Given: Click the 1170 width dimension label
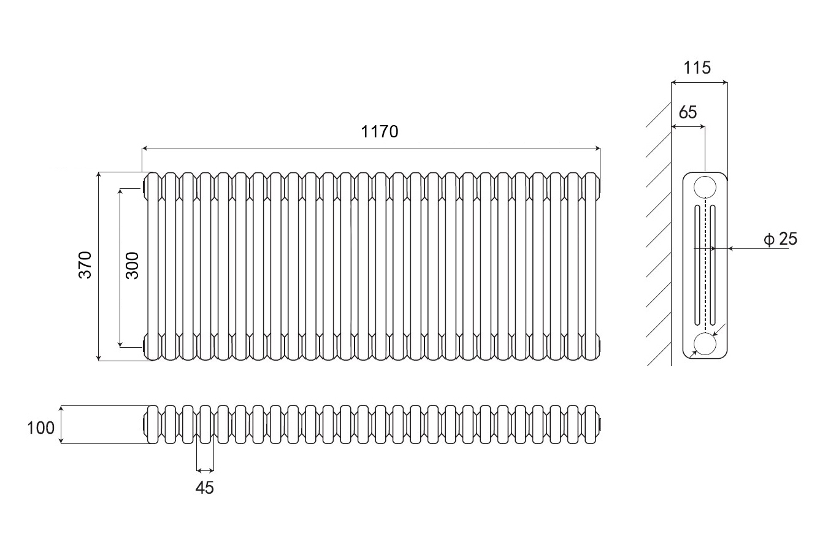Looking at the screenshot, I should pyautogui.click(x=380, y=131).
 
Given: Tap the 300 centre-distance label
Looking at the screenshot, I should pyautogui.click(x=132, y=265).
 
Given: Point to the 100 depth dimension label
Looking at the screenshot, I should pyautogui.click(x=41, y=427).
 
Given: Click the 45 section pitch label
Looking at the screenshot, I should pyautogui.click(x=205, y=488).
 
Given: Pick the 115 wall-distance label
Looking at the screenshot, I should pyautogui.click(x=697, y=67).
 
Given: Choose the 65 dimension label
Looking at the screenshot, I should pyautogui.click(x=688, y=112).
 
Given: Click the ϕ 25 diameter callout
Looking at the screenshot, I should pyautogui.click(x=781, y=239).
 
